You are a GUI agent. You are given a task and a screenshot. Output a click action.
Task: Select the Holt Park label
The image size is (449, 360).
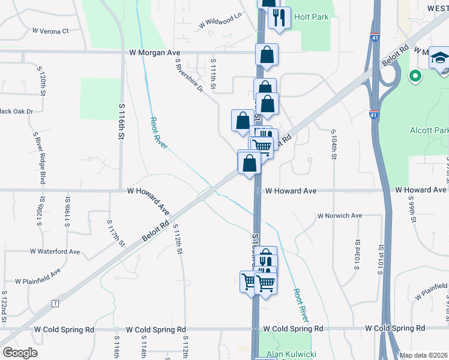312,17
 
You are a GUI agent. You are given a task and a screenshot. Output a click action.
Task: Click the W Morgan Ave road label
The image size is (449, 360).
155,53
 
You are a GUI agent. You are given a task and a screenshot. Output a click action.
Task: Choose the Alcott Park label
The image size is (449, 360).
429,130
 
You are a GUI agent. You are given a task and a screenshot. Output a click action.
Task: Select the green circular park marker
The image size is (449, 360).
414,76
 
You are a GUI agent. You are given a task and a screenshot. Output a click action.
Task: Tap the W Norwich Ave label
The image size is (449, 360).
340,215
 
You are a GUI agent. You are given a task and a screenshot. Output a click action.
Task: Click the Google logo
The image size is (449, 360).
20,353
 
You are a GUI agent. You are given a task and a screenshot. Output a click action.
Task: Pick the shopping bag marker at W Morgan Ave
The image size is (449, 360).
267,55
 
